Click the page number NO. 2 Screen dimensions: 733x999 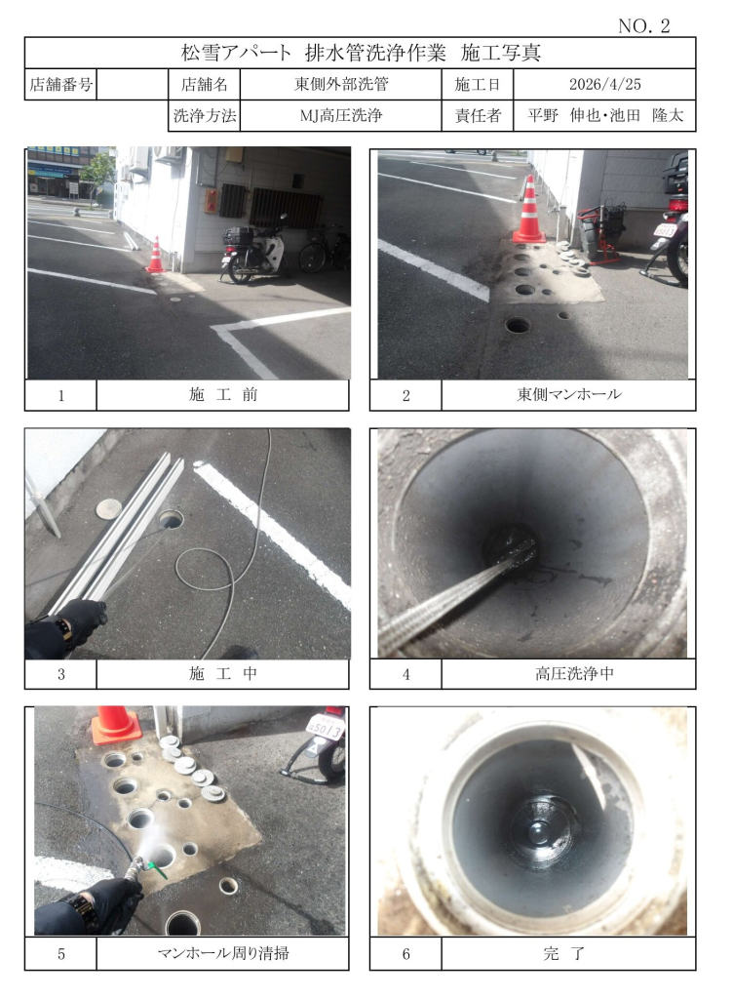[x=644, y=25]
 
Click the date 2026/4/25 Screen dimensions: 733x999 [x=604, y=84]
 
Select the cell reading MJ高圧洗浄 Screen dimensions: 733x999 [x=341, y=115]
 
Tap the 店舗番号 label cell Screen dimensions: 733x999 [x=60, y=84]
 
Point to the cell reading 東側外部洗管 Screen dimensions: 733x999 [x=341, y=84]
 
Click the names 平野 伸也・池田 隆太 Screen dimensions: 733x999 [x=604, y=115]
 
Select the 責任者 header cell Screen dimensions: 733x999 [x=478, y=115]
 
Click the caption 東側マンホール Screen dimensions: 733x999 [x=569, y=394]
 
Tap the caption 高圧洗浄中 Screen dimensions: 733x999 [x=574, y=673]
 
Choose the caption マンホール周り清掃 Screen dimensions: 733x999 [x=222, y=953]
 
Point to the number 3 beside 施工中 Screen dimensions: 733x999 [x=61, y=674]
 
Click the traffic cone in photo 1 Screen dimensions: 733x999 [x=156, y=255]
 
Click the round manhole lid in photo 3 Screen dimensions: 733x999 [x=109, y=507]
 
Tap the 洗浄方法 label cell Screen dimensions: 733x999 [x=205, y=115]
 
